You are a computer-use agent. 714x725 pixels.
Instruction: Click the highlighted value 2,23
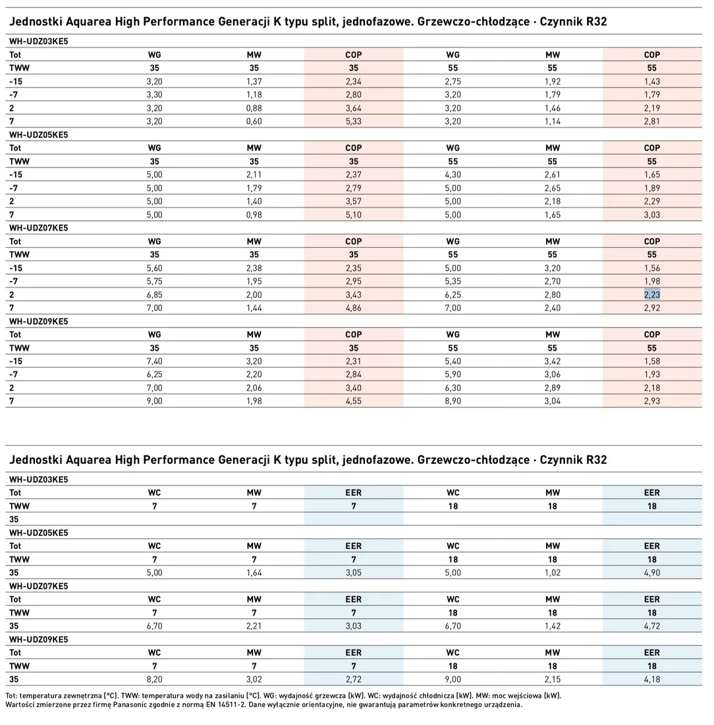click(x=651, y=295)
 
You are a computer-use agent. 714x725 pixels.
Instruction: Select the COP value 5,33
click(x=354, y=121)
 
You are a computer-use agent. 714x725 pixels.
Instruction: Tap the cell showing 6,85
click(x=154, y=295)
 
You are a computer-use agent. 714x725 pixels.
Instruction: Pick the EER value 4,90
click(x=651, y=572)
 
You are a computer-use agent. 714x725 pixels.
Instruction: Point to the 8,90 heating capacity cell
click(x=453, y=401)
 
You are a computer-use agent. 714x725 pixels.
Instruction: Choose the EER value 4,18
click(x=651, y=680)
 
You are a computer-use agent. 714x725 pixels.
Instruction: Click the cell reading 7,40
click(x=154, y=361)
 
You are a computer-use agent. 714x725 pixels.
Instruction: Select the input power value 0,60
click(x=254, y=121)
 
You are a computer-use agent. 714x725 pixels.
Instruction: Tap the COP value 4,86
click(x=354, y=308)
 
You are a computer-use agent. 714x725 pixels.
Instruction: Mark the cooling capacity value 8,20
click(x=154, y=680)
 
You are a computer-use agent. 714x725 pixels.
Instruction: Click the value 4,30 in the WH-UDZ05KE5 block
click(x=453, y=175)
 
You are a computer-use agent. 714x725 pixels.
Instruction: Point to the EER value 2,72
click(x=354, y=680)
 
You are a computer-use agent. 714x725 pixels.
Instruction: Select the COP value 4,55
click(x=354, y=401)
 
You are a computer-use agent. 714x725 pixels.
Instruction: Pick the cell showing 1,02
click(x=552, y=572)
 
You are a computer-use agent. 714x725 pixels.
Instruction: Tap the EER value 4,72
click(x=651, y=626)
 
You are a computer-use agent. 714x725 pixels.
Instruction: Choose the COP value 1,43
click(x=651, y=81)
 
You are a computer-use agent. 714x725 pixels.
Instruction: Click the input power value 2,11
click(x=254, y=175)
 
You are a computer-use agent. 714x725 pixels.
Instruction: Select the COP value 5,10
click(x=354, y=215)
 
